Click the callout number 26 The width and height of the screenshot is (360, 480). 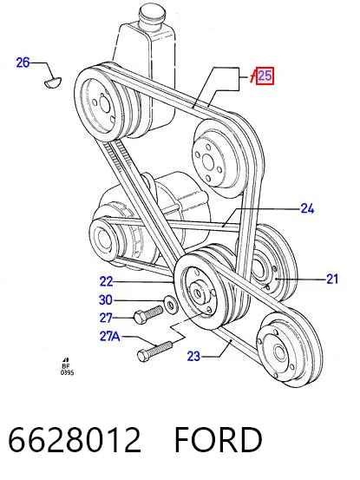coord(23,62)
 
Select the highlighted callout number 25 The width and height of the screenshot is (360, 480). coord(265,76)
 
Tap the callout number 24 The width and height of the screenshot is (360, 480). coord(307,209)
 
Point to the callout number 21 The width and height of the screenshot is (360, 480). coord(332,279)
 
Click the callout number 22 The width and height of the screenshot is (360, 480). coord(106,281)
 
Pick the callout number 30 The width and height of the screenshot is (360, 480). coord(106,300)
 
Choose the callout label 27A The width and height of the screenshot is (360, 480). coord(110,337)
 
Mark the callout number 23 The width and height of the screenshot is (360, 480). coord(193,357)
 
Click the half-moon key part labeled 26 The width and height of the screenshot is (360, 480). coord(53,82)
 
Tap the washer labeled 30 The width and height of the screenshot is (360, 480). coord(171,304)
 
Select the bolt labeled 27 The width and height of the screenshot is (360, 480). coord(148,314)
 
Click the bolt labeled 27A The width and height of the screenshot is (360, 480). coord(154,351)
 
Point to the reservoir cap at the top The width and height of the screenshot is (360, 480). coord(153,13)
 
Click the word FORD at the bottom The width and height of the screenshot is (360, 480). coord(218,440)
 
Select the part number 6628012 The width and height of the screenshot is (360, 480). coord(75,440)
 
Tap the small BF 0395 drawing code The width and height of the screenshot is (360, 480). coord(67,366)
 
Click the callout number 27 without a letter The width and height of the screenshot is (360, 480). coord(106,318)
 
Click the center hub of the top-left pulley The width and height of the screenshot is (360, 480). coord(104,103)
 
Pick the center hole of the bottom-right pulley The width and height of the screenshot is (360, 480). coord(279,352)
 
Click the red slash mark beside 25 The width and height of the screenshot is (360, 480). coord(252,76)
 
